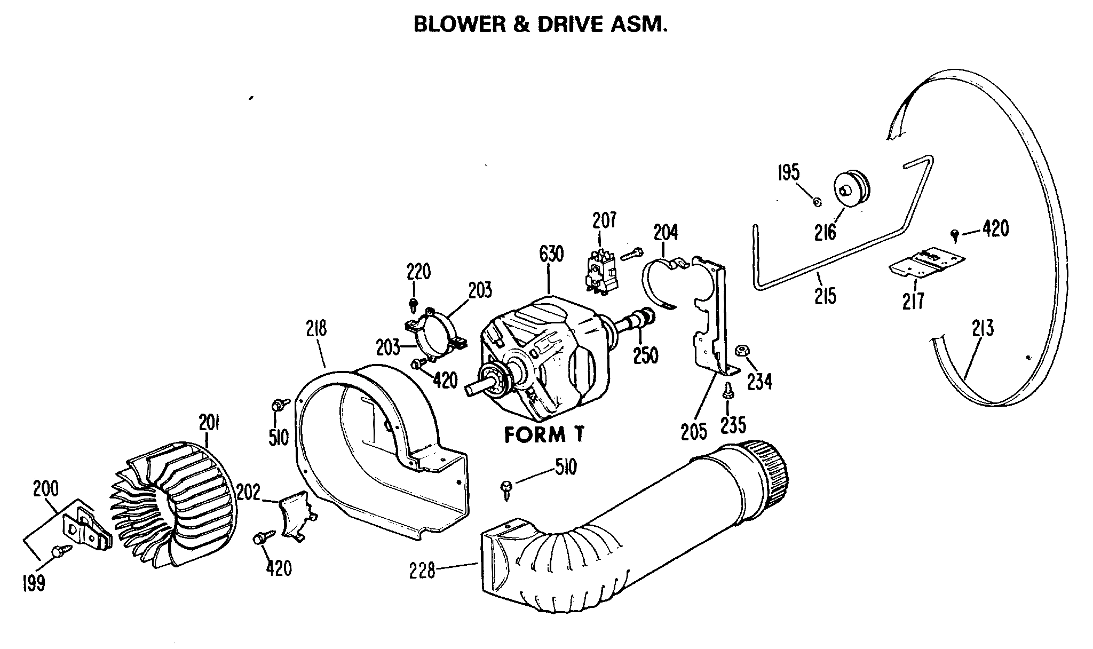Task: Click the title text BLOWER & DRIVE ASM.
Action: tap(541, 25)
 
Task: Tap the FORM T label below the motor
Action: tap(544, 436)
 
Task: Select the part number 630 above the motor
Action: tap(551, 255)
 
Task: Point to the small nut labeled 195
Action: tap(817, 202)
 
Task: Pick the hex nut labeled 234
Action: tap(740, 351)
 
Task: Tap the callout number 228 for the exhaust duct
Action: tap(423, 572)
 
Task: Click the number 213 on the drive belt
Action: tap(983, 328)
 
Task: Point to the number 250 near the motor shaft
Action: tap(645, 355)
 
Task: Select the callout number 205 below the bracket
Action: tap(694, 431)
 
